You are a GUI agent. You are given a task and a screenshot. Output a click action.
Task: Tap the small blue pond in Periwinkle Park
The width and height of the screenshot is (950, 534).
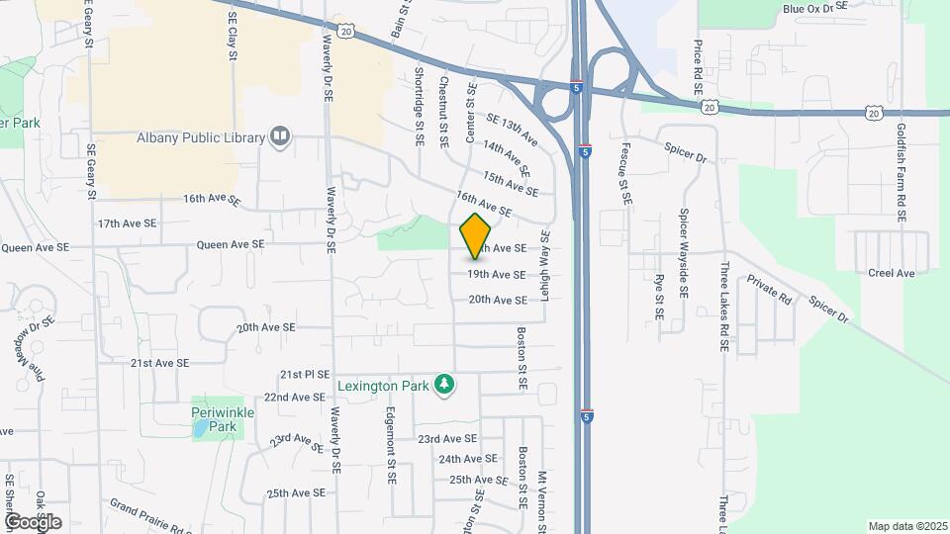pos(202,428)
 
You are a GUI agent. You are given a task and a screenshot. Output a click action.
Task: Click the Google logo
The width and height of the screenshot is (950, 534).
pos(33,521)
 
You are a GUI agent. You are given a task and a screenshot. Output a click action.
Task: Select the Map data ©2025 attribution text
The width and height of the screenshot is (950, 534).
pos(906,526)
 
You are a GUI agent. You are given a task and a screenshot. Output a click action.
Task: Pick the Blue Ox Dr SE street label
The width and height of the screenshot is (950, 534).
pos(815,8)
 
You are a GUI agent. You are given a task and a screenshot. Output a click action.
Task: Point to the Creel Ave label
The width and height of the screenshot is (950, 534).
pos(892,273)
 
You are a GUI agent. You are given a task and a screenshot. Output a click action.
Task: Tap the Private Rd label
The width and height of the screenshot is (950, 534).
pos(771,289)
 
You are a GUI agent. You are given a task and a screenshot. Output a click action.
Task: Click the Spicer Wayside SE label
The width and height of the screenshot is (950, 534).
pos(683,254)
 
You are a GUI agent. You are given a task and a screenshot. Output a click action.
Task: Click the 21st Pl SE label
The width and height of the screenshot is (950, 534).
pos(304,375)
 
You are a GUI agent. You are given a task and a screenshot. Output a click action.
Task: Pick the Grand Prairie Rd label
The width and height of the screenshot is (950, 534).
pos(150,514)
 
